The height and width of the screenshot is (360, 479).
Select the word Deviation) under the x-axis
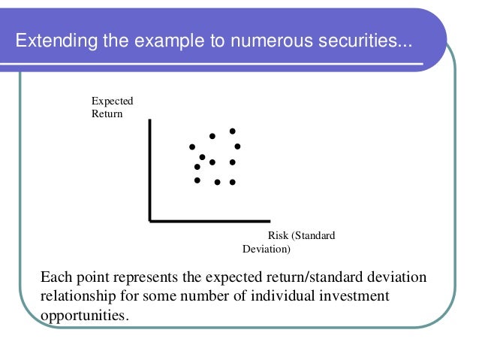267,249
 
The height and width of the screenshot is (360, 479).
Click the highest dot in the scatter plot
233,131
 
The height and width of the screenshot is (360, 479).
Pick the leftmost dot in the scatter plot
192,147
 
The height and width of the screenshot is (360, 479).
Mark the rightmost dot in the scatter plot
237,147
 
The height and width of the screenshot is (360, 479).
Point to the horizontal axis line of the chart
209,221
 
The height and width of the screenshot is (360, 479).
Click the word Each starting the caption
56,277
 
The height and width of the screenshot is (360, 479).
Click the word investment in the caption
355,296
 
